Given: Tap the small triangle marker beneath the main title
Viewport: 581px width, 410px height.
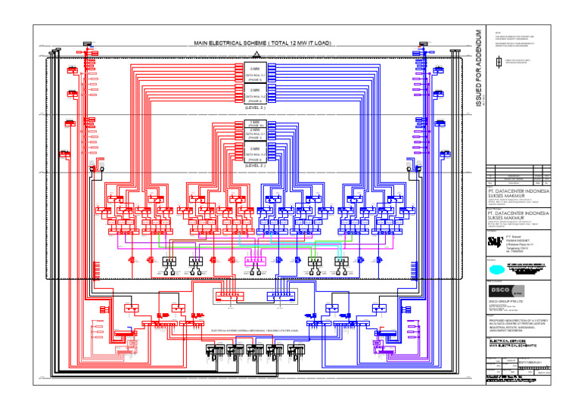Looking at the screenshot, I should (x=256, y=53).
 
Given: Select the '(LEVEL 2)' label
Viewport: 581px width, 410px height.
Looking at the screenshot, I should (x=255, y=166).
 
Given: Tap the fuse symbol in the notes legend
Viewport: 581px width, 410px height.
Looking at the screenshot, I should (x=496, y=65).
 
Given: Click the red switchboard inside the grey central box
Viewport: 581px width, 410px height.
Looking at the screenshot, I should (x=225, y=296).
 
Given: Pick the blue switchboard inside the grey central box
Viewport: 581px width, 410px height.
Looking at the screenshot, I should (x=282, y=296).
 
